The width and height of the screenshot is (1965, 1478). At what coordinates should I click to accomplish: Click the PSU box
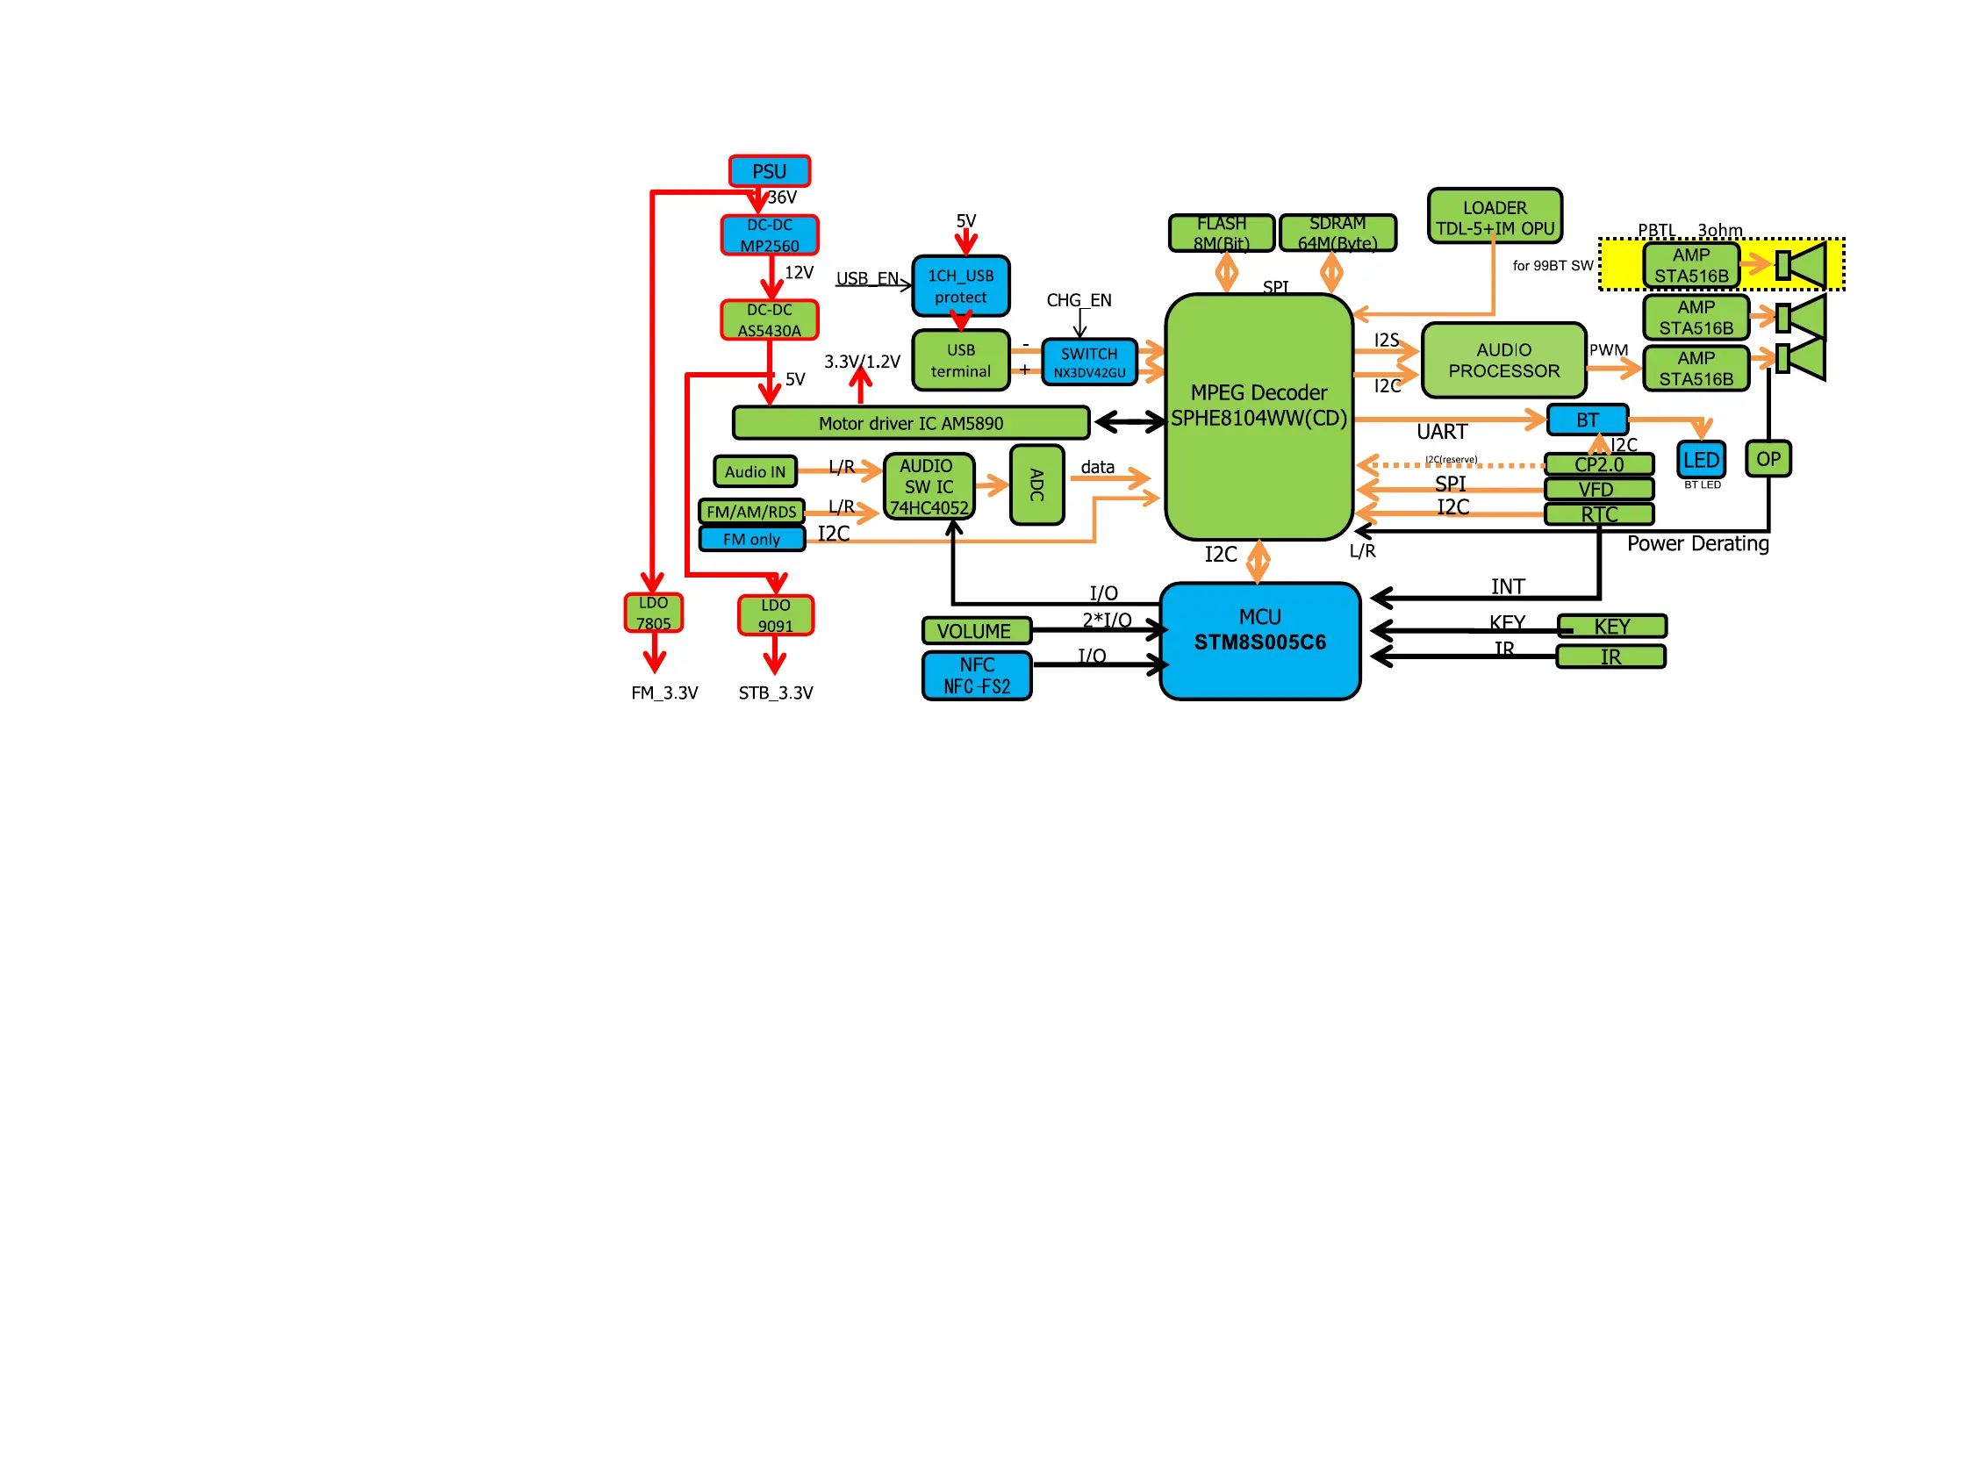pyautogui.click(x=769, y=170)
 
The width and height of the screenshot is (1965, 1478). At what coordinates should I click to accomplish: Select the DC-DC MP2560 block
pyautogui.click(x=769, y=235)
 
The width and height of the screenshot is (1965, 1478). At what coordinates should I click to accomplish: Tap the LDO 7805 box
pyautogui.click(x=653, y=613)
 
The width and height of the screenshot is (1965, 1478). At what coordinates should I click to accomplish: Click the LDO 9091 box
pyautogui.click(x=775, y=615)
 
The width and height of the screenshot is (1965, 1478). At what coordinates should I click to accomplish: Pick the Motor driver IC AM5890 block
pyautogui.click(x=911, y=423)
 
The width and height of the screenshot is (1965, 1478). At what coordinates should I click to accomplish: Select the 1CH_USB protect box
pyautogui.click(x=960, y=286)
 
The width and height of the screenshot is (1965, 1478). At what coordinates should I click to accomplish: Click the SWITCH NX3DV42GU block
pyautogui.click(x=1089, y=362)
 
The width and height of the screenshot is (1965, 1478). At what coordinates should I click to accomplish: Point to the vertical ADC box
pyautogui.click(x=1036, y=485)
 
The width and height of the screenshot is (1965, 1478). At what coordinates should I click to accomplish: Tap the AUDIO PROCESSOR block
pyautogui.click(x=1503, y=361)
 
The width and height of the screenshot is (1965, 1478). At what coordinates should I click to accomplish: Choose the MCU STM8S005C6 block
pyautogui.click(x=1259, y=642)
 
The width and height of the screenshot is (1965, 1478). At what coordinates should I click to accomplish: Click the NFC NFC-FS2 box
pyautogui.click(x=976, y=676)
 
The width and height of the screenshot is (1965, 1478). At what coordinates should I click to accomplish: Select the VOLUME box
pyautogui.click(x=976, y=631)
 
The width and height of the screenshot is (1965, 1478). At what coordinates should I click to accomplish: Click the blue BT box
pyautogui.click(x=1587, y=420)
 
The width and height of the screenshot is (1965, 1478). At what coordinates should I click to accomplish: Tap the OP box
pyautogui.click(x=1767, y=459)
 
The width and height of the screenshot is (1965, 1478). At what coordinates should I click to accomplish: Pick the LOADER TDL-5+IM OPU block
pyautogui.click(x=1495, y=218)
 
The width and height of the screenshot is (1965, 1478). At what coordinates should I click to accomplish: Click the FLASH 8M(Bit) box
pyautogui.click(x=1221, y=233)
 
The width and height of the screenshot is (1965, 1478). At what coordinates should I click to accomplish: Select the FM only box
pyautogui.click(x=751, y=539)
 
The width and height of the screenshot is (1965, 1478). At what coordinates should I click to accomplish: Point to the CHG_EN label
pyautogui.click(x=1079, y=300)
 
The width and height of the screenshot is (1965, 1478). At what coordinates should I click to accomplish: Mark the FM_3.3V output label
pyautogui.click(x=664, y=692)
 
